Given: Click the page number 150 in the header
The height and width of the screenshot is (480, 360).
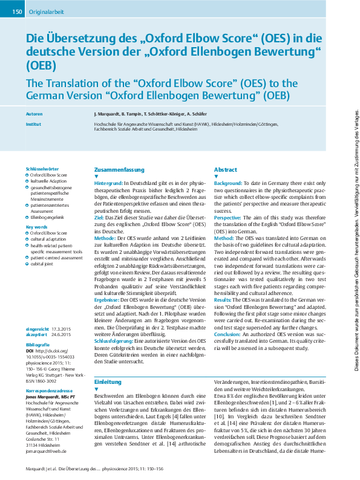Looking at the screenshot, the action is click(16, 12).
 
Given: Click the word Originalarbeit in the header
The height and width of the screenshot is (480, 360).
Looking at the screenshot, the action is click(46, 12).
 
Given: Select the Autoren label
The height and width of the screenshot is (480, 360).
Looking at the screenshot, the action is click(34, 114).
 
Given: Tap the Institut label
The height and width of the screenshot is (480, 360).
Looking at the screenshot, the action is click(34, 123).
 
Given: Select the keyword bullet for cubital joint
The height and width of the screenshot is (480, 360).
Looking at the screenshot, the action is click(27, 263).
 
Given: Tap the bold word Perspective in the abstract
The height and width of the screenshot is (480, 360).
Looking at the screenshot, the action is click(227, 216).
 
